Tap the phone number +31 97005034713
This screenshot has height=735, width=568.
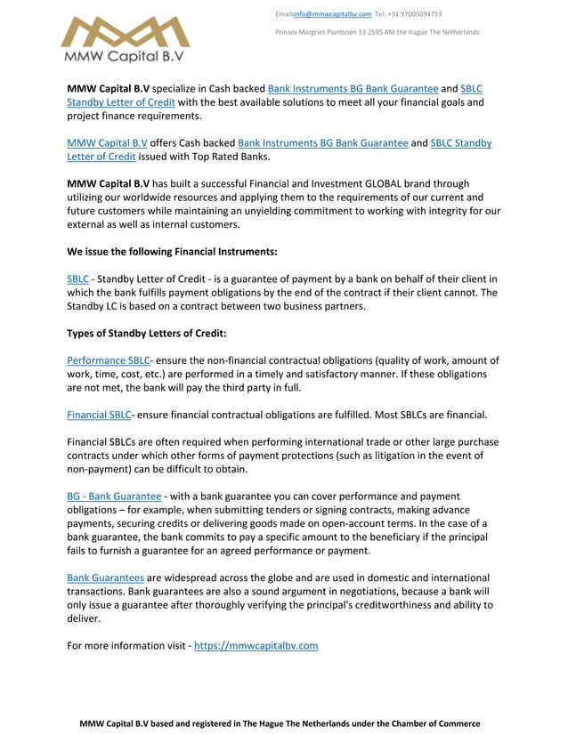pos(415,14)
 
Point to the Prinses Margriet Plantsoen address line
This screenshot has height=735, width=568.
pos(377,32)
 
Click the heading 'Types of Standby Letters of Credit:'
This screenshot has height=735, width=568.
pos(147,333)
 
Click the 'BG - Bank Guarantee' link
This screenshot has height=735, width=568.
pos(114,496)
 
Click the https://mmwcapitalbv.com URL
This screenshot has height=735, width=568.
pos(256,645)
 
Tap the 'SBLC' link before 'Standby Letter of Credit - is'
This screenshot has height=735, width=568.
pos(77,279)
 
